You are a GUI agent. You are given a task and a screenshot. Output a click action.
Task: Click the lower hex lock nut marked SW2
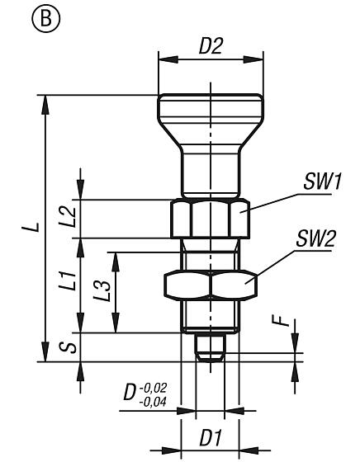[211, 285]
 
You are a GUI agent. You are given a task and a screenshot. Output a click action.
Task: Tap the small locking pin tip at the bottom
[211, 346]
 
